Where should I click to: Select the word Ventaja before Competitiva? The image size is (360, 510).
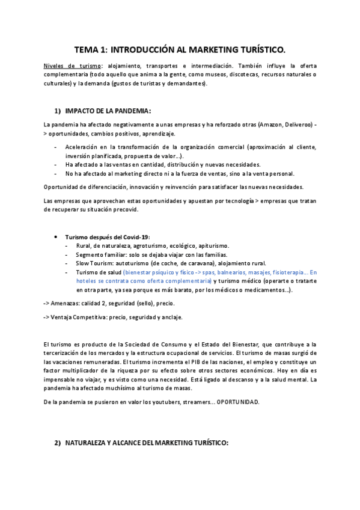[x=64, y=317]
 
